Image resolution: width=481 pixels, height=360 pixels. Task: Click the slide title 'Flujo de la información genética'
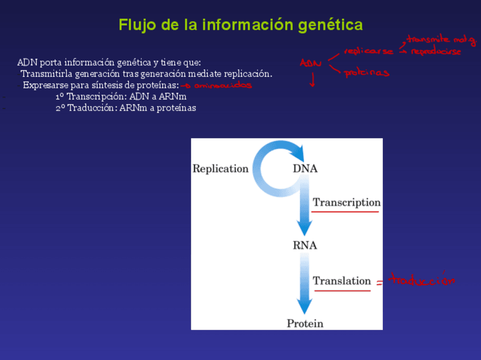click(x=241, y=25)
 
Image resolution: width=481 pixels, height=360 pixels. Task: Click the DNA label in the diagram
click(x=305, y=168)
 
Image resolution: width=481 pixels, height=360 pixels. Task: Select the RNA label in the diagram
click(x=305, y=245)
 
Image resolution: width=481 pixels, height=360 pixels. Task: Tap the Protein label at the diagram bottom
click(x=305, y=323)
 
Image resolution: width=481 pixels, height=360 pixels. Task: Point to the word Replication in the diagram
click(x=221, y=168)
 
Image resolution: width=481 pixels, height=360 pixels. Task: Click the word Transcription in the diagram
click(x=347, y=202)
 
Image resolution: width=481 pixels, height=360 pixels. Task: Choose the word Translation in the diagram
click(x=341, y=281)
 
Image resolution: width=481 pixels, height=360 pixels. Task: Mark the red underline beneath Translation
click(x=341, y=291)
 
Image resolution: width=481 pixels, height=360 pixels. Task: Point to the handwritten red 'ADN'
click(x=310, y=63)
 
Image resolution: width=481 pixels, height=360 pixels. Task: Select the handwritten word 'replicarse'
click(x=368, y=51)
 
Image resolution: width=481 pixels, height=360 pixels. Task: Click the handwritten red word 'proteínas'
click(x=366, y=73)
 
